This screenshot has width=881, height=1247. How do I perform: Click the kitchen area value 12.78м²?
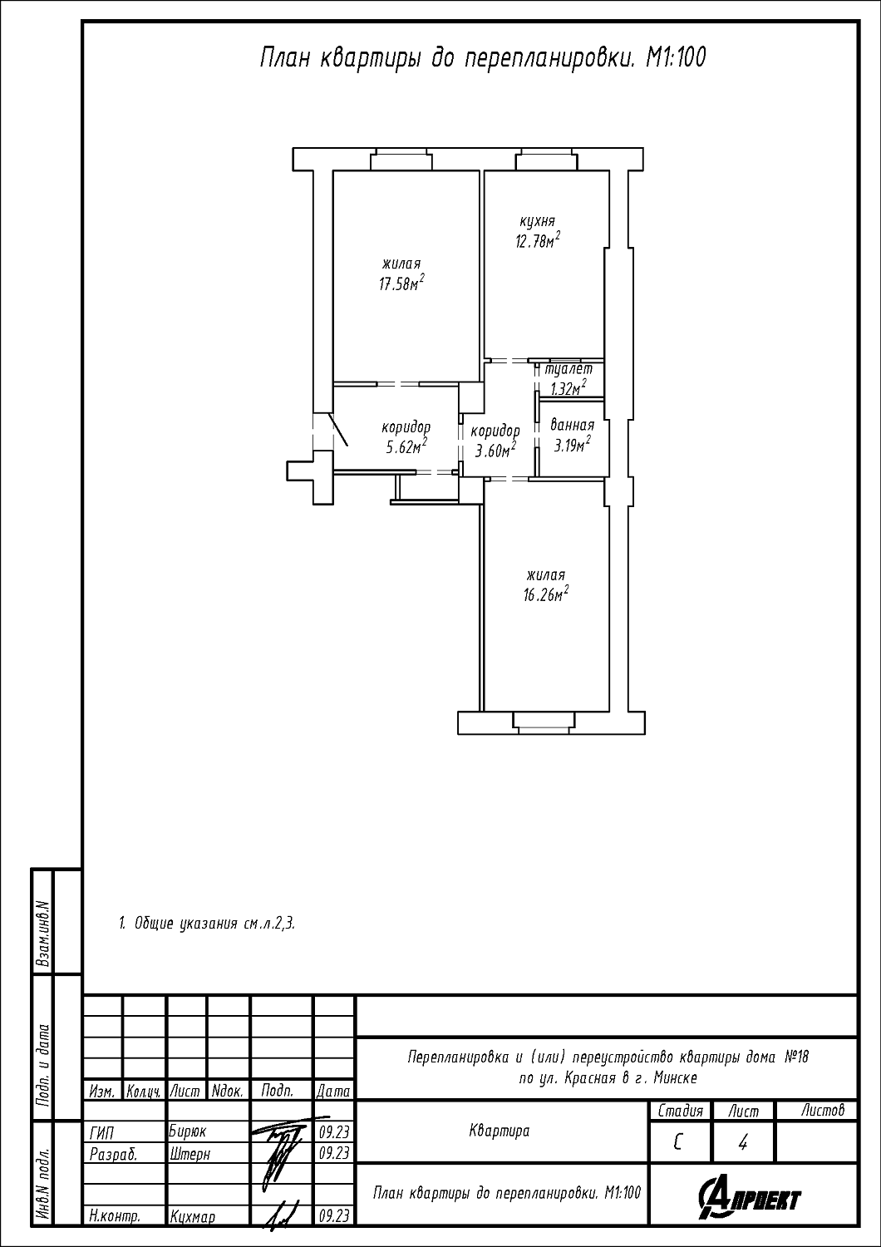pyautogui.click(x=537, y=241)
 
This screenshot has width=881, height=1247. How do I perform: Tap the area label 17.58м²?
pyautogui.click(x=401, y=283)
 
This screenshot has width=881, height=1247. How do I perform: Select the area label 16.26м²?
pyautogui.click(x=545, y=594)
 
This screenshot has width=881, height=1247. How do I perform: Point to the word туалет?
pyautogui.click(x=568, y=369)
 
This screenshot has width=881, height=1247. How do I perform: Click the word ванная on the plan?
pyautogui.click(x=572, y=426)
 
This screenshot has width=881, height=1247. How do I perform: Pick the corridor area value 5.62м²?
pyautogui.click(x=406, y=446)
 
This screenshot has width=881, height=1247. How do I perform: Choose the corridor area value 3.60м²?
pyautogui.click(x=495, y=449)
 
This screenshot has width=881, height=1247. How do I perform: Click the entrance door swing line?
pyautogui.click(x=338, y=429)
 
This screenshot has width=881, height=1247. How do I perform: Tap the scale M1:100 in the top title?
pyautogui.click(x=675, y=57)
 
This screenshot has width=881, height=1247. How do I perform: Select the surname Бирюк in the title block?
pyautogui.click(x=188, y=1131)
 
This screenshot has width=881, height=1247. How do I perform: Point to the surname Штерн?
pyautogui.click(x=189, y=1154)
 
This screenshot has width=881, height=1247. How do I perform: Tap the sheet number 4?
pyautogui.click(x=742, y=1143)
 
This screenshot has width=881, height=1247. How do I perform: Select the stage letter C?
pyautogui.click(x=678, y=1143)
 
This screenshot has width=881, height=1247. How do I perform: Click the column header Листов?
pyautogui.click(x=823, y=1111)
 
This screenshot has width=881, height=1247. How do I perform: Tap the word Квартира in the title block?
pyautogui.click(x=500, y=1131)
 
